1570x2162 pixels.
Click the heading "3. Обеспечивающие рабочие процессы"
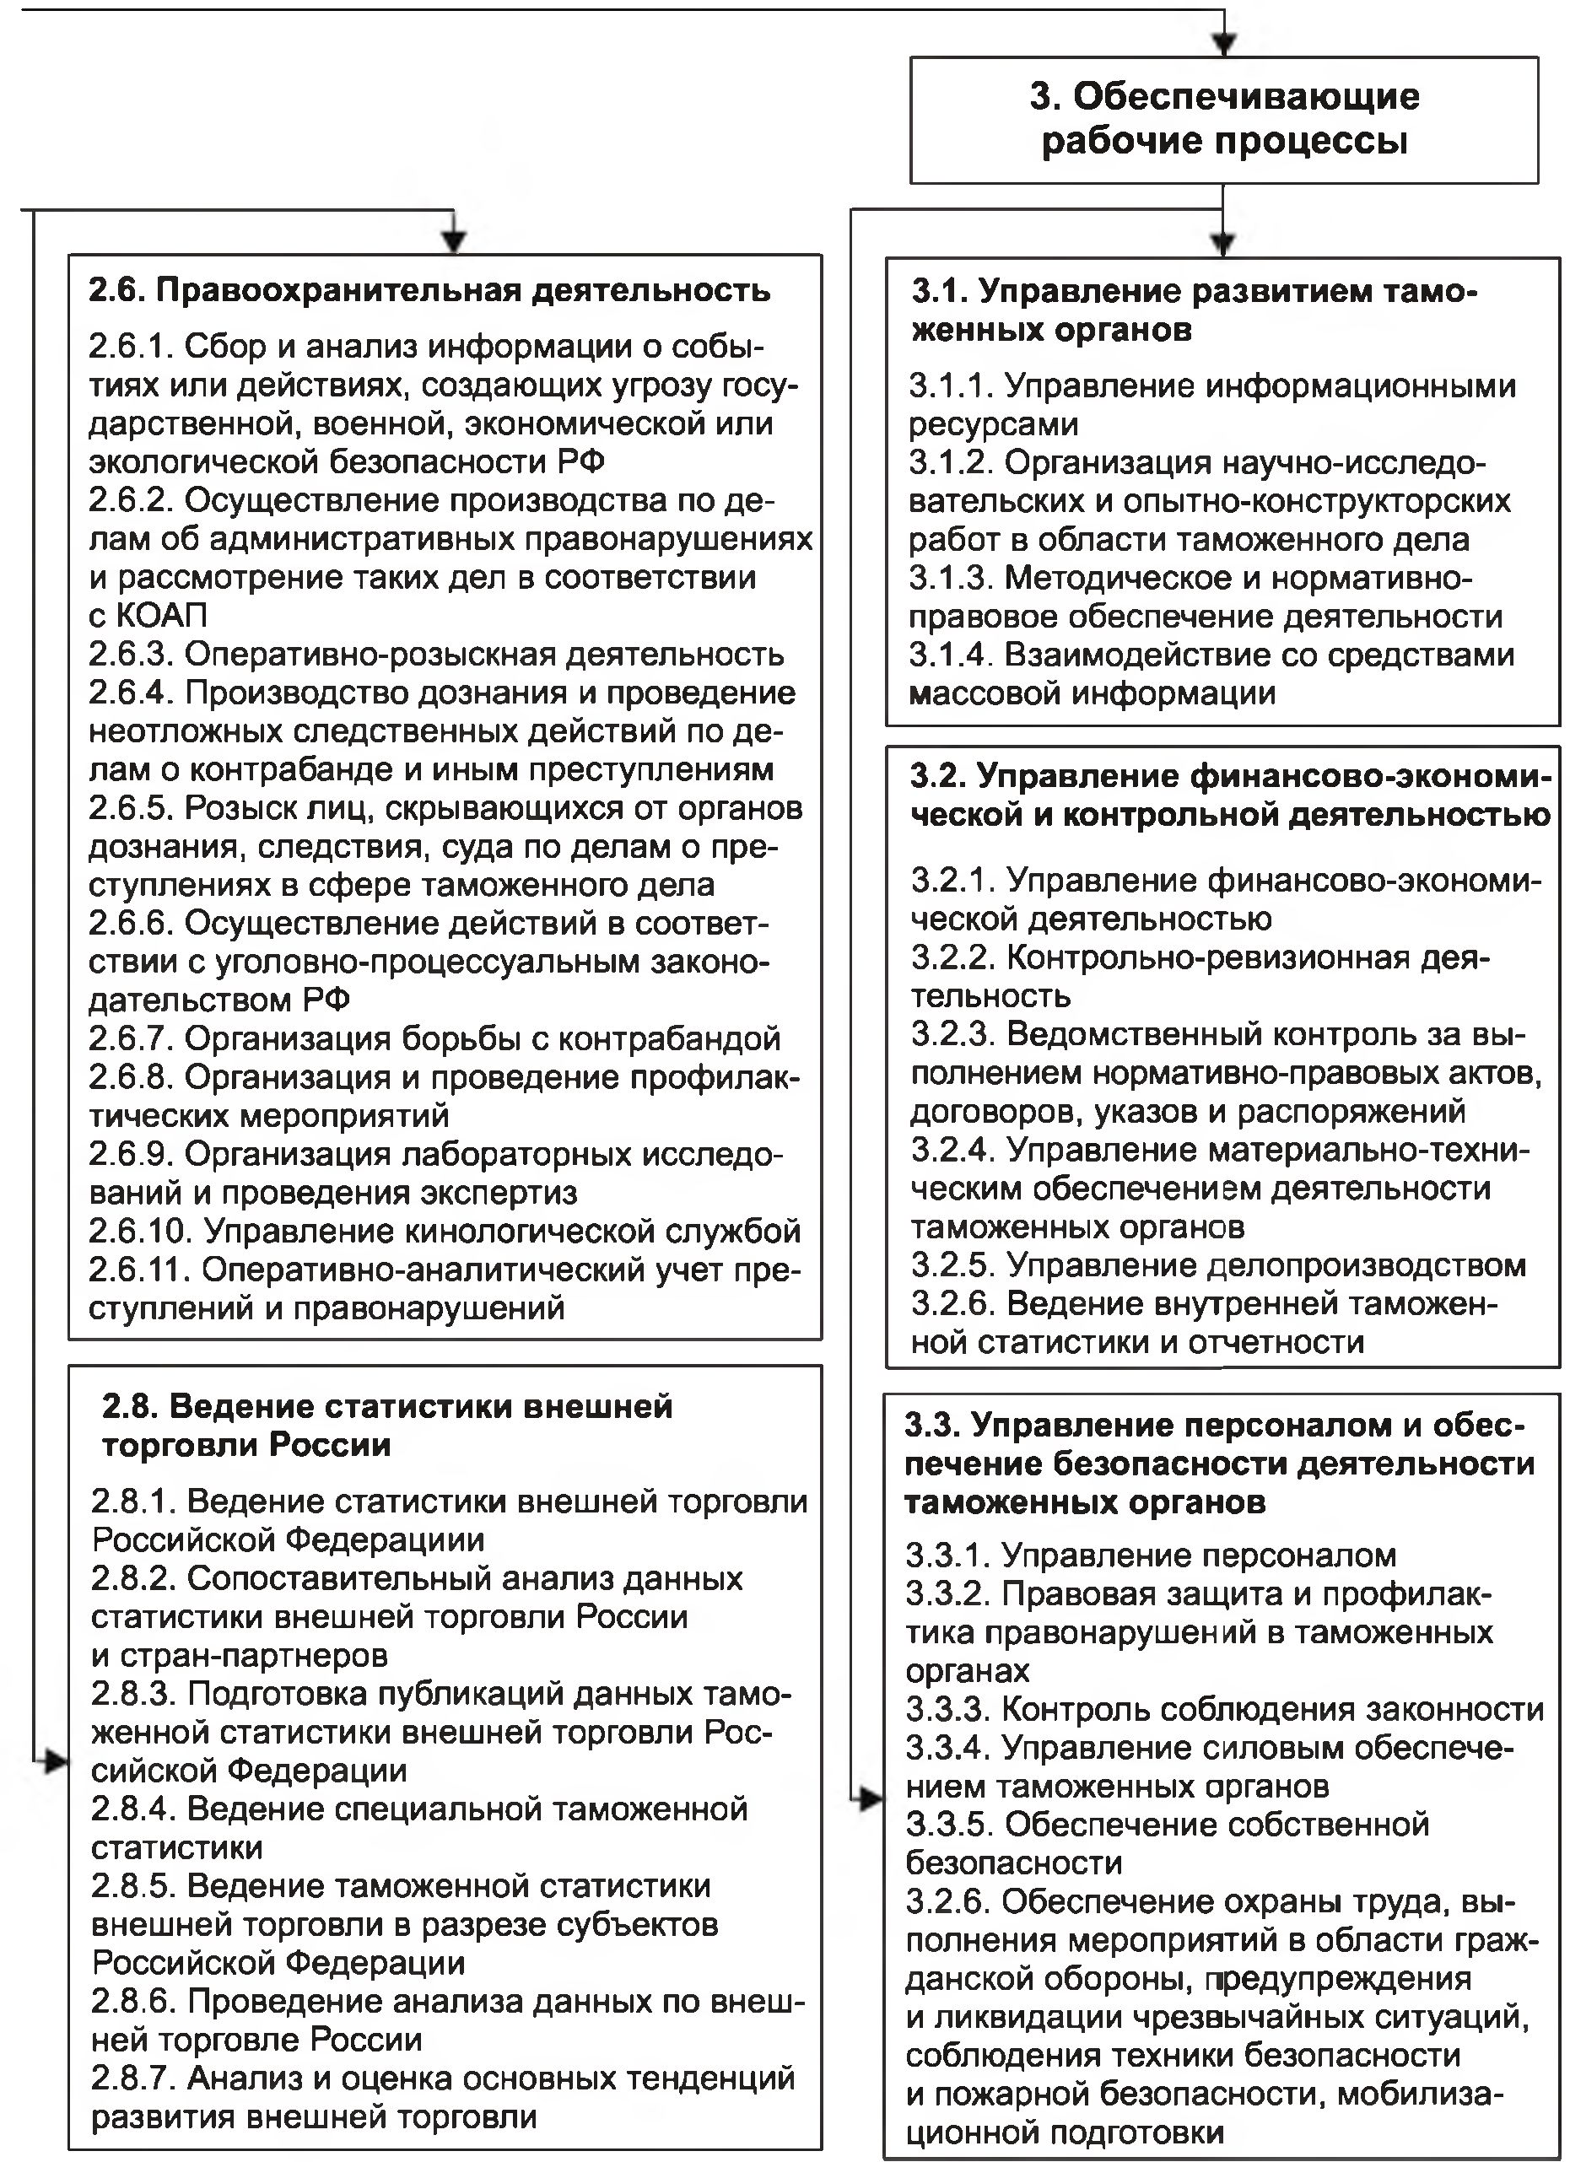click(x=1224, y=119)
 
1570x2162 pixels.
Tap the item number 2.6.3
click(x=132, y=655)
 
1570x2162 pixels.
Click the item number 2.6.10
click(x=141, y=1232)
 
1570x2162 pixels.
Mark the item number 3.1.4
click(x=952, y=655)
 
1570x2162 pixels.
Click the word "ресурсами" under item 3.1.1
click(x=993, y=424)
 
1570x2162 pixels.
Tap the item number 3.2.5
click(x=953, y=1265)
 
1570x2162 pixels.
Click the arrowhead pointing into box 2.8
click(x=56, y=1761)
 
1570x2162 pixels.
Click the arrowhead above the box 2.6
click(x=455, y=241)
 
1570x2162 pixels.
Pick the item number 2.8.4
click(x=133, y=1809)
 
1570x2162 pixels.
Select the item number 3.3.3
click(x=947, y=1709)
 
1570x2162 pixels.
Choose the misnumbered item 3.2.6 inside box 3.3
click(x=947, y=1901)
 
